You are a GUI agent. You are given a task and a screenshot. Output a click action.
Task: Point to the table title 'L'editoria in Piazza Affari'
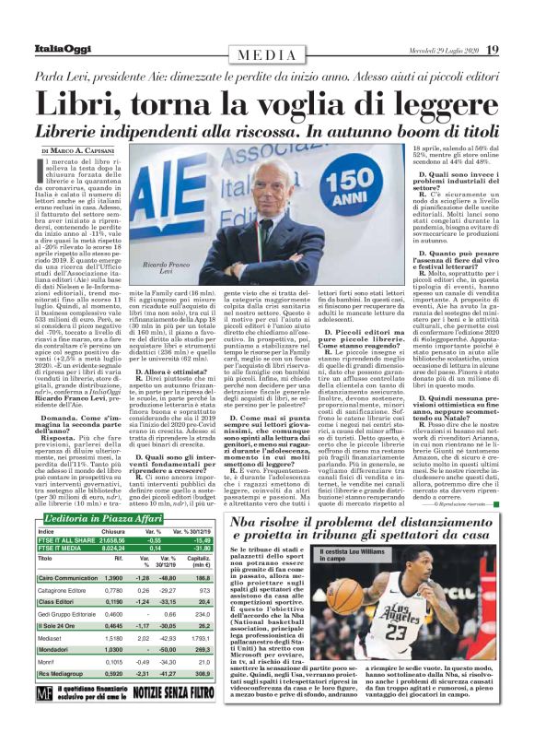[108, 520]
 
